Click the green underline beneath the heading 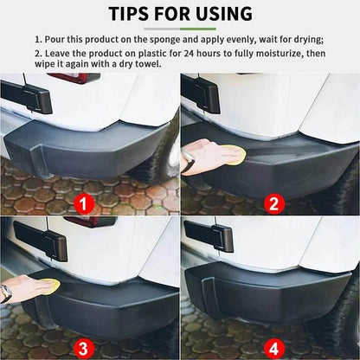(x=179, y=29)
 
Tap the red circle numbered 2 (x=273, y=205)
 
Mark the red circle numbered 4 (x=273, y=347)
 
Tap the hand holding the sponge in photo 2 (x=201, y=154)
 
